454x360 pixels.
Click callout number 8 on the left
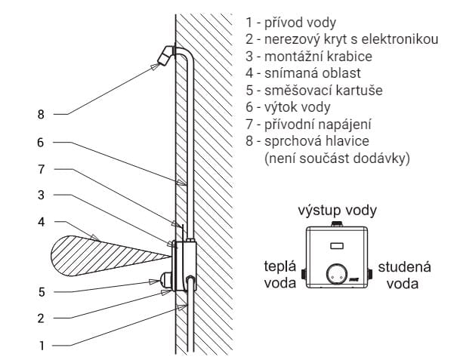(41, 115)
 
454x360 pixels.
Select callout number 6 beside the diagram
(41, 143)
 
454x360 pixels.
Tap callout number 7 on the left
(42, 169)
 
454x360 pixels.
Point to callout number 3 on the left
(41, 195)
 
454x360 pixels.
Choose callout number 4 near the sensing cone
(42, 222)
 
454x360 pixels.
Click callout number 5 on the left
(42, 292)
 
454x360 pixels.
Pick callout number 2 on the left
(41, 318)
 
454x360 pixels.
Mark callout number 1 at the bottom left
(42, 346)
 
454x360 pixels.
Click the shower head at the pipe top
(165, 56)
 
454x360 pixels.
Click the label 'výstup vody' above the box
(338, 211)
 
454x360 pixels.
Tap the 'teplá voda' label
(280, 275)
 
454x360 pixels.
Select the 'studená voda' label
(404, 275)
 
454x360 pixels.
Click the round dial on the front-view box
(337, 274)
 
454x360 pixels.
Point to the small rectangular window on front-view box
(337, 246)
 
